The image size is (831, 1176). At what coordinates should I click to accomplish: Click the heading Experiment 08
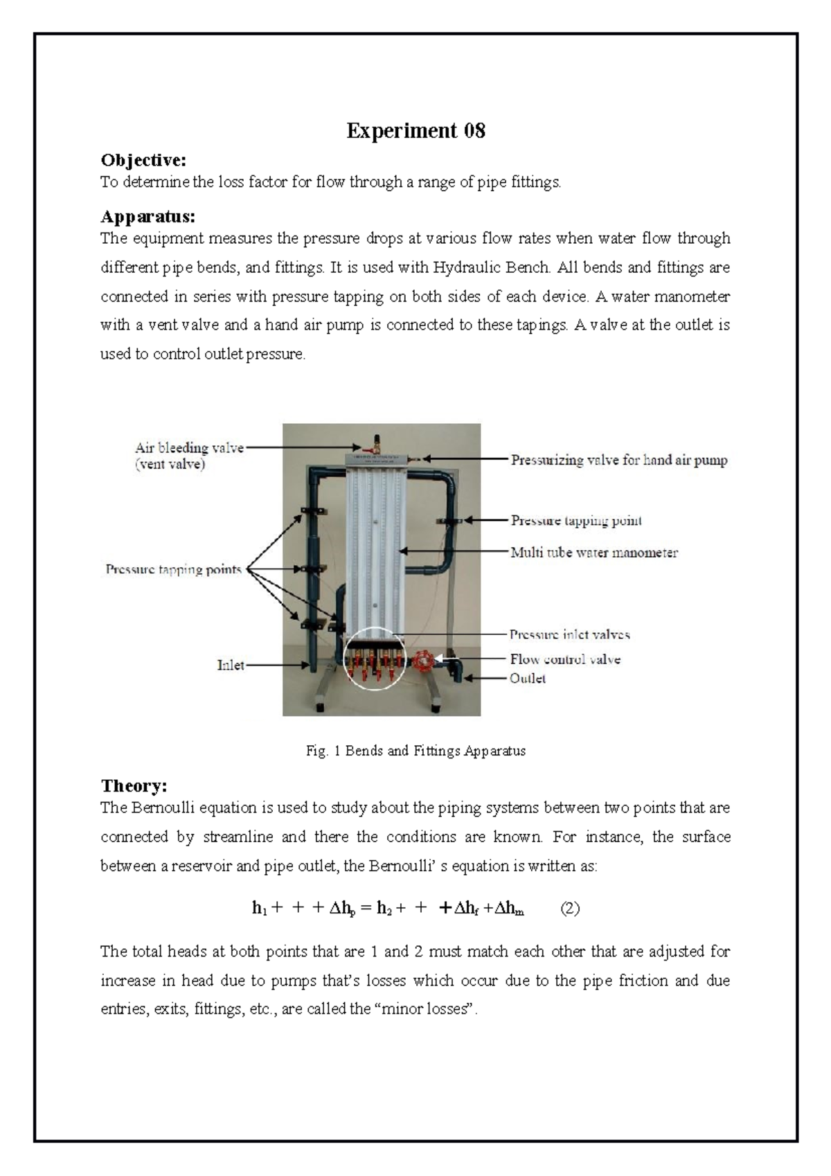[x=415, y=131]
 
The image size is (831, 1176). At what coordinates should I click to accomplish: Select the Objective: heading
[x=143, y=161]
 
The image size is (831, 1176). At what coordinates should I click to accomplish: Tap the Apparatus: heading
[x=148, y=217]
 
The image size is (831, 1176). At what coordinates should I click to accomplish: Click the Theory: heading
[x=134, y=786]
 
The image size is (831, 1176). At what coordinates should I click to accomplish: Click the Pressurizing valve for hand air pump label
[x=619, y=460]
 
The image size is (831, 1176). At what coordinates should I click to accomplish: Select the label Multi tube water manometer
[x=594, y=553]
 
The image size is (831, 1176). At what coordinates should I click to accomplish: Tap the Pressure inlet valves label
[x=570, y=634]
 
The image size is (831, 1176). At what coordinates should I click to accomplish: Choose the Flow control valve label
[x=565, y=659]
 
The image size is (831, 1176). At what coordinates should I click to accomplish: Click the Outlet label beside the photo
[x=528, y=679]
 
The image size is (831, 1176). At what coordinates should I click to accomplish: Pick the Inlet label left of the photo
[x=231, y=666]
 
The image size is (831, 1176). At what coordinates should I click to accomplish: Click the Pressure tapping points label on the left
[x=173, y=570]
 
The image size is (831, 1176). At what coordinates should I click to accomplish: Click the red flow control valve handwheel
[x=420, y=661]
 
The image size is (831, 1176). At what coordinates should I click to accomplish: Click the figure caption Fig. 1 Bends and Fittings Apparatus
[x=415, y=751]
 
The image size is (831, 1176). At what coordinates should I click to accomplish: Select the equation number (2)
[x=570, y=909]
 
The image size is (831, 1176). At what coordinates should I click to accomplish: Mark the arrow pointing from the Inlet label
[x=277, y=666]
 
